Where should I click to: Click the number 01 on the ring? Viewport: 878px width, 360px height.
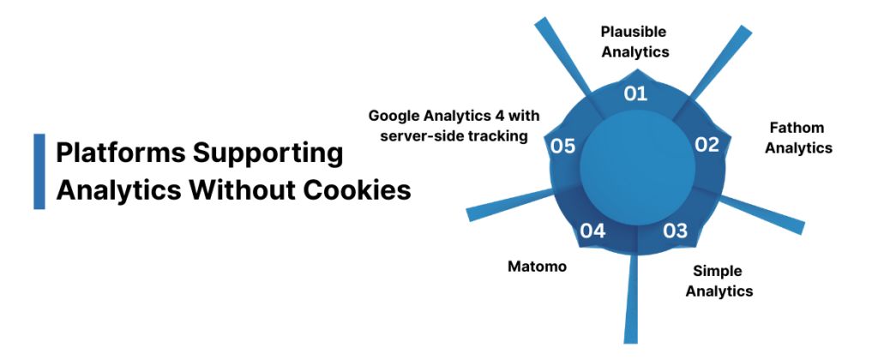pos(634,93)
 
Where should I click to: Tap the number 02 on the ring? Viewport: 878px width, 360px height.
pos(707,144)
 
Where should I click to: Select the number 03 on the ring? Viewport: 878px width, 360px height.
pos(676,230)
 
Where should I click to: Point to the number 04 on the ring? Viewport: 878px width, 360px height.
pos(592,231)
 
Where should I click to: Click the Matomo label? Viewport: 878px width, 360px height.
pos(538,267)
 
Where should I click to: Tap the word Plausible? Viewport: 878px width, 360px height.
pos(634,31)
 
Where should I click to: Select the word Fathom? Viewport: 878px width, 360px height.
pos(795,129)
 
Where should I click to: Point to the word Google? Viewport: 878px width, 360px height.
pos(397,115)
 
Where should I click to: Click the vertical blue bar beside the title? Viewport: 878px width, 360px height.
pos(39,171)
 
